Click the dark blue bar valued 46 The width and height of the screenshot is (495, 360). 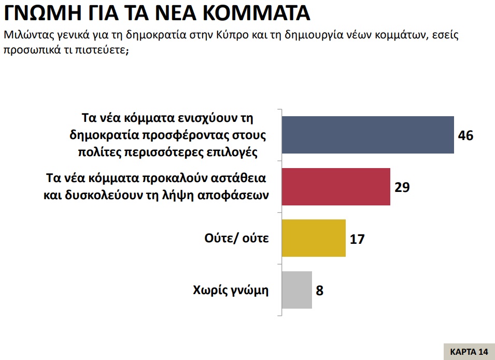tap(367, 135)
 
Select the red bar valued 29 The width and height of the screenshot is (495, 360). tap(335, 187)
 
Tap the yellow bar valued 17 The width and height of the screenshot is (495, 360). tap(313, 238)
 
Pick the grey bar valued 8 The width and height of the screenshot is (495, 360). tap(296, 289)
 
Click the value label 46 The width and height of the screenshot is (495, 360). tap(466, 135)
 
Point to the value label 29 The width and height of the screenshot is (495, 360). tap(402, 187)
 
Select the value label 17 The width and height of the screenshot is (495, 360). tap(358, 239)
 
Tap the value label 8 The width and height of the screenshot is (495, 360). tap(320, 290)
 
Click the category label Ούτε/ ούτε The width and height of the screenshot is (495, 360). tap(237, 239)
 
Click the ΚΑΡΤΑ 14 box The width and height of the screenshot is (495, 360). tap(469, 351)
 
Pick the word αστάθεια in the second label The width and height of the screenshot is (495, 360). tap(238, 178)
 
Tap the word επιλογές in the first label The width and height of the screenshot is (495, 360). tap(236, 153)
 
